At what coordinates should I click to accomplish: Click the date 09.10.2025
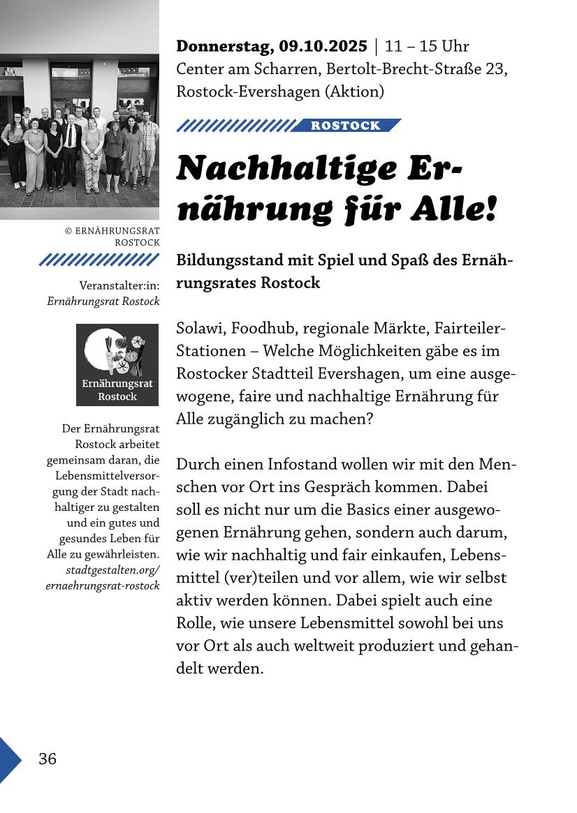(x=323, y=47)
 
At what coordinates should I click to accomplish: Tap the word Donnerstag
(x=225, y=47)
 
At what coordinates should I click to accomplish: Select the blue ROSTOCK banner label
(x=346, y=126)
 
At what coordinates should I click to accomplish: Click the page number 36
(x=48, y=759)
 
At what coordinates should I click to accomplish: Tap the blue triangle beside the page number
(x=9, y=759)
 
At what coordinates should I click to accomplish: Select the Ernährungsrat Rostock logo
(x=117, y=364)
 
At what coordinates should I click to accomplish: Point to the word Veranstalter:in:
(x=119, y=285)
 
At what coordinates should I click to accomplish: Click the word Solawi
(x=199, y=328)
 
